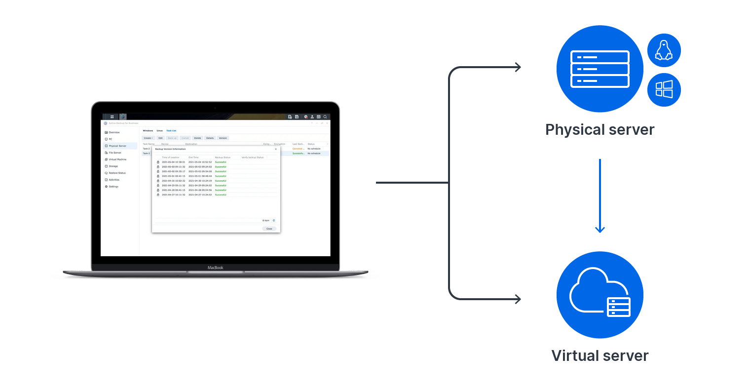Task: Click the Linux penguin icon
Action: point(664,50)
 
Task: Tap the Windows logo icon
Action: point(664,90)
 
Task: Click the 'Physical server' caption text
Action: point(600,130)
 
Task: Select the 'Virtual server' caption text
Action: point(600,356)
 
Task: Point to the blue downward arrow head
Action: point(600,229)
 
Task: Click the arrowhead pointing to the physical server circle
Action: point(518,67)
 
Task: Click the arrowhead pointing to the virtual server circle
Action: point(518,299)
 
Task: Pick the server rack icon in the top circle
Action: point(600,69)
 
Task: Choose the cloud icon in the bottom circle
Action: point(595,291)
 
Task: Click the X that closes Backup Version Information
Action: point(276,149)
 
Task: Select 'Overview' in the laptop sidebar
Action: point(114,132)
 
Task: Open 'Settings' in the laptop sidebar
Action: point(113,187)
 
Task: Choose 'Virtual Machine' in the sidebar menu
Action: point(117,159)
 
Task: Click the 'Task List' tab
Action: point(171,131)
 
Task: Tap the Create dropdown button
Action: point(148,138)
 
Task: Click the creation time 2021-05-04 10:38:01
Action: point(173,162)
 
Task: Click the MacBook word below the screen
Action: point(215,268)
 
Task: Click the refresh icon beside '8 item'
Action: point(274,221)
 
